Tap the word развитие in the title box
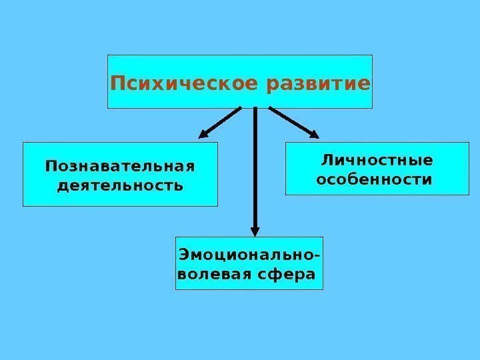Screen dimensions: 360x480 coord(317,85)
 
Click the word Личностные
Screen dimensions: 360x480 coord(377,161)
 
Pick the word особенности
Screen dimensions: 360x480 coord(373,180)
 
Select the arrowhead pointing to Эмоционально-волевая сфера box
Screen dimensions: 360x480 coord(255,229)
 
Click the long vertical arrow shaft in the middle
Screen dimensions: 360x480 coord(255,167)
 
